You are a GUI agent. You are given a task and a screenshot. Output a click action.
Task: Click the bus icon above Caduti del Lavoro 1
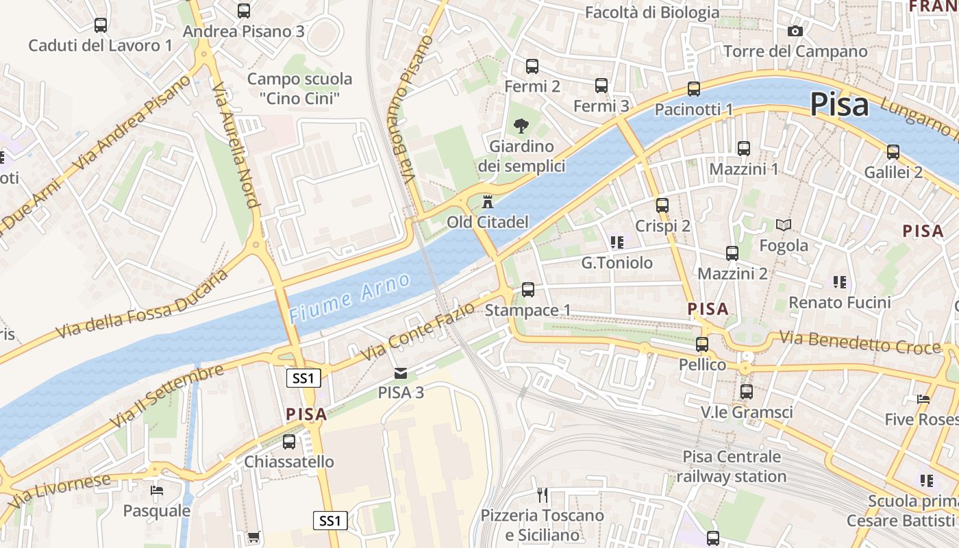click(x=101, y=25)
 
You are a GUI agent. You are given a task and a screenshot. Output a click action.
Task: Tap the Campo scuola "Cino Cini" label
click(x=299, y=88)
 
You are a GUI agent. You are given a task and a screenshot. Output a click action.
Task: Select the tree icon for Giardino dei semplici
click(x=521, y=125)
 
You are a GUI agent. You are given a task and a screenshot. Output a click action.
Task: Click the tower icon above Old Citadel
click(x=488, y=202)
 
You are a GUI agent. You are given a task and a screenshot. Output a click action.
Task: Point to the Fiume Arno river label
click(x=350, y=297)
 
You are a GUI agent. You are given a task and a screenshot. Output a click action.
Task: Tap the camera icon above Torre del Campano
click(x=795, y=31)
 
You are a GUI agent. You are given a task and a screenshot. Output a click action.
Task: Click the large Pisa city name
click(x=839, y=105)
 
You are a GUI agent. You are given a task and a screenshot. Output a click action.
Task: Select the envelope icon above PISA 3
click(x=401, y=373)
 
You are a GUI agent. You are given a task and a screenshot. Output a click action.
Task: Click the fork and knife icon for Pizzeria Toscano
click(x=543, y=495)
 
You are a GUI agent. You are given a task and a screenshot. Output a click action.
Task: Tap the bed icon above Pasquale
click(x=157, y=490)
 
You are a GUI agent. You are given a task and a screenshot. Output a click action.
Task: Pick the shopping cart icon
click(x=253, y=537)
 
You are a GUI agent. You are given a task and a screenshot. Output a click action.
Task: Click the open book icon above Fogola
click(x=784, y=225)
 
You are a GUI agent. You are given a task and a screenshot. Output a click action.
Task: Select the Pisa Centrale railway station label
click(x=732, y=466)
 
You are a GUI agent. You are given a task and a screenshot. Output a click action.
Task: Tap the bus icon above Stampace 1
click(x=528, y=289)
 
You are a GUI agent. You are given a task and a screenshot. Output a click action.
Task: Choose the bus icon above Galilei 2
click(x=893, y=152)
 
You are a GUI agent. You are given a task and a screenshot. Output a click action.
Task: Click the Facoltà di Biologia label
click(x=652, y=12)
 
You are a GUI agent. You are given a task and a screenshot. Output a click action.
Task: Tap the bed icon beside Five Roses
click(x=923, y=399)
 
